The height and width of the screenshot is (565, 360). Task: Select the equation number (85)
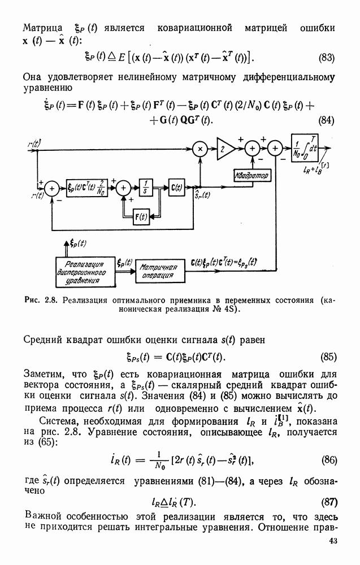point(328,357)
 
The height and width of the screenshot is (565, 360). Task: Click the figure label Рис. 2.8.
point(41,300)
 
